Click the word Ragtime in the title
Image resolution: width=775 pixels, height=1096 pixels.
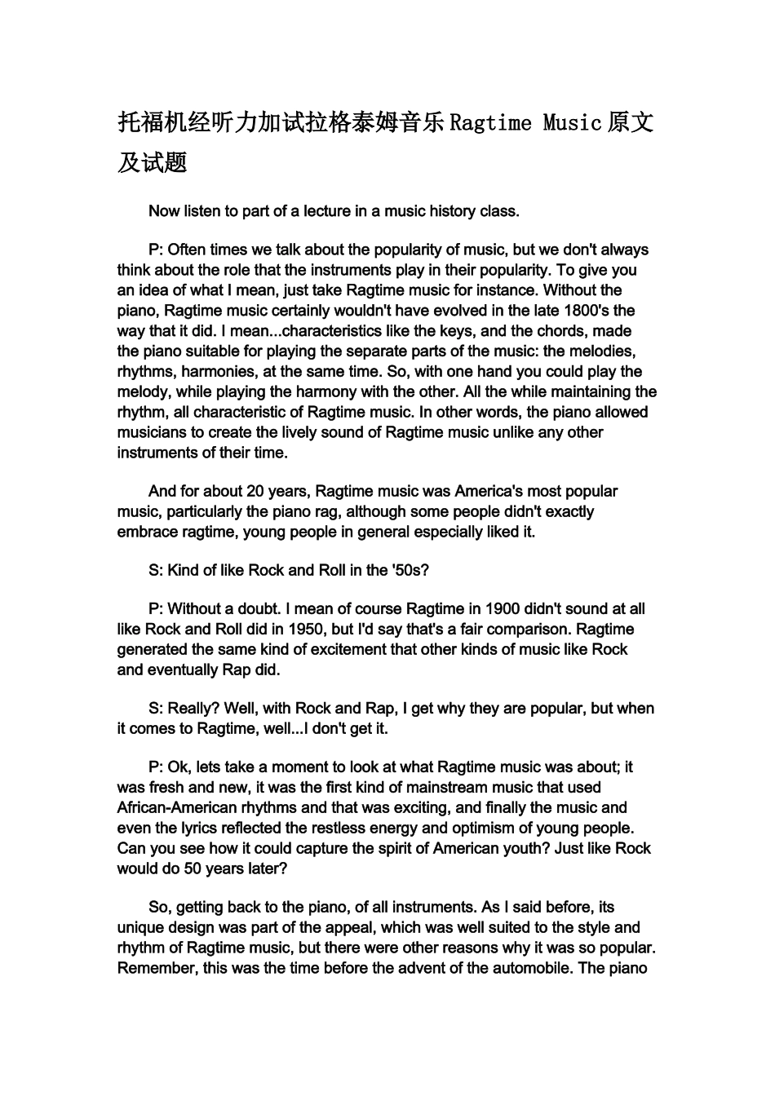pyautogui.click(x=491, y=123)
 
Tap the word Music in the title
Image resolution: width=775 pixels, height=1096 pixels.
pyautogui.click(x=573, y=123)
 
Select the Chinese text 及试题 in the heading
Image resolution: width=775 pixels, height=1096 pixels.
pyautogui.click(x=153, y=162)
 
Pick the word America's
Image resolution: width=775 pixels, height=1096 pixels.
pyautogui.click(x=487, y=492)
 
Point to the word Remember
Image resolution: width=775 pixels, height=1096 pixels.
pyautogui.click(x=156, y=969)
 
